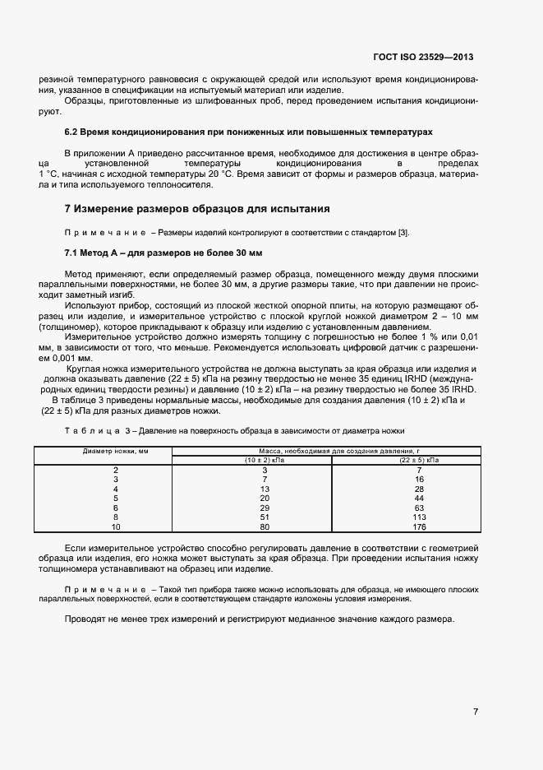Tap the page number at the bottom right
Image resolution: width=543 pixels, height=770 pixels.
(476, 712)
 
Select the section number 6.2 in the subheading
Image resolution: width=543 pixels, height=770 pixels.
(72, 132)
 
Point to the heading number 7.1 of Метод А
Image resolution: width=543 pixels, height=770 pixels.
(72, 252)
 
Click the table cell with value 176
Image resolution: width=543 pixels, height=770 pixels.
(419, 527)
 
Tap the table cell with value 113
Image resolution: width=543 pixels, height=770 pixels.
(419, 518)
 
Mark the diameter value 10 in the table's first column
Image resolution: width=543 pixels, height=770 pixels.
(116, 527)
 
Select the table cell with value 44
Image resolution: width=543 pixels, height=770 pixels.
(419, 499)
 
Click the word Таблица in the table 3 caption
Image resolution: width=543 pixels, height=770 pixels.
(89, 431)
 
